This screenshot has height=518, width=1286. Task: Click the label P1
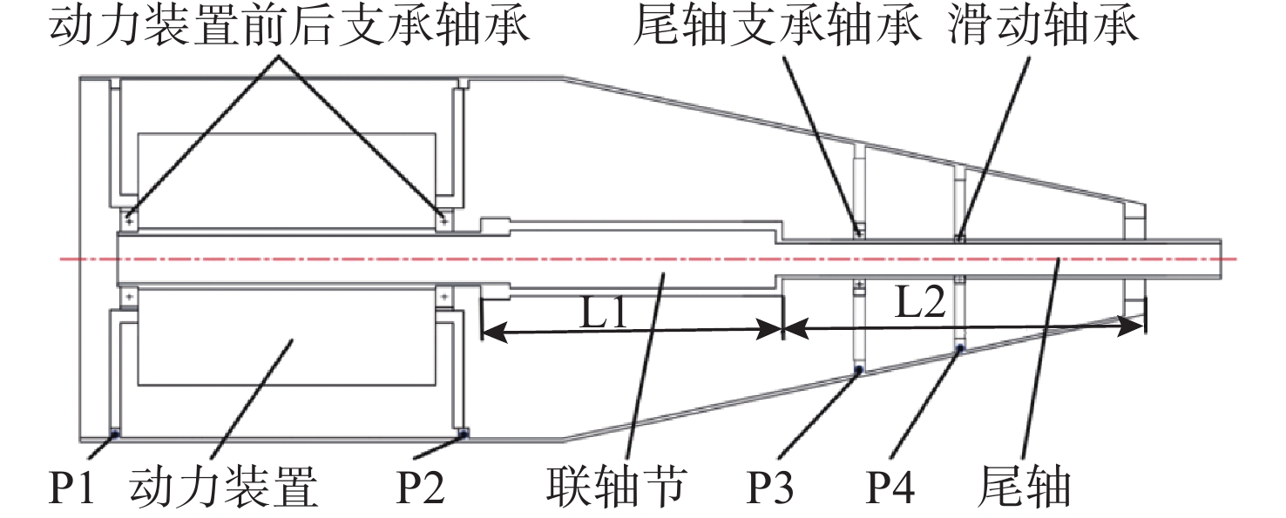pyautogui.click(x=71, y=489)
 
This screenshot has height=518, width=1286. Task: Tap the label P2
pyautogui.click(x=422, y=489)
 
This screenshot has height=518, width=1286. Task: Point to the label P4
pyautogui.click(x=890, y=489)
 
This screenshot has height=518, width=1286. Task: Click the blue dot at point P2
pyautogui.click(x=463, y=433)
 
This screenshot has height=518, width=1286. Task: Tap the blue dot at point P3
pyautogui.click(x=858, y=370)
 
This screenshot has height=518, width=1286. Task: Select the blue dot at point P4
pyautogui.click(x=960, y=348)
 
